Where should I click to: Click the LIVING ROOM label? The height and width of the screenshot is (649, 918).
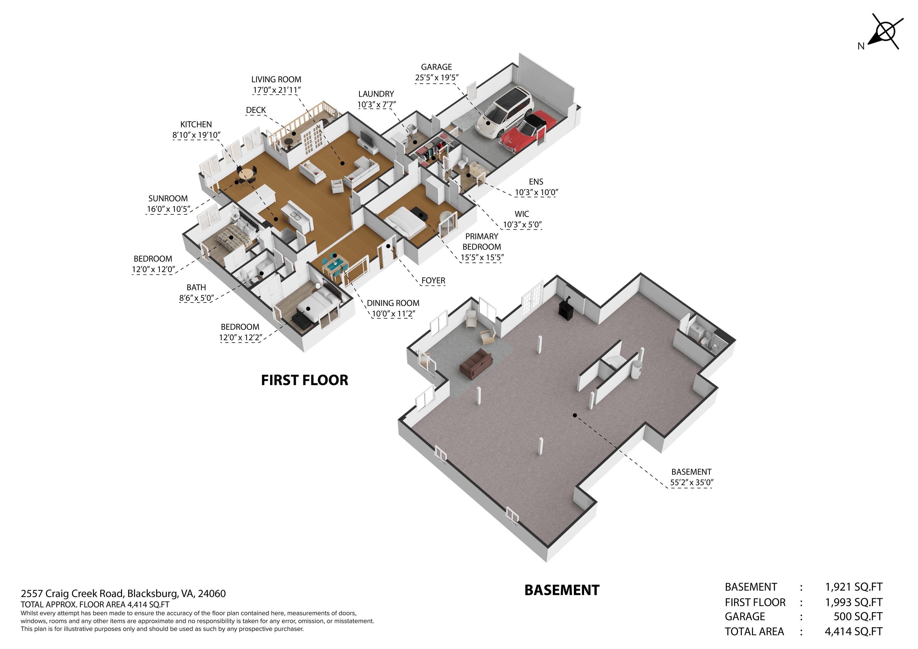point(276,80)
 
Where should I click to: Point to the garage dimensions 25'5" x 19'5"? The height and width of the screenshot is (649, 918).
point(437,78)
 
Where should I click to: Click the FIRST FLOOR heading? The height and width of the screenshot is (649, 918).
point(305,380)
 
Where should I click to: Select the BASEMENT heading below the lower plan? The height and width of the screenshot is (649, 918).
point(562,590)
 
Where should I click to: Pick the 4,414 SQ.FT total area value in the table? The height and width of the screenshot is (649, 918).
point(854,632)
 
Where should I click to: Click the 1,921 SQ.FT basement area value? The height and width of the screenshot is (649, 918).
point(854,587)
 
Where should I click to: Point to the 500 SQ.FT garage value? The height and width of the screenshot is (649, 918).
point(858,617)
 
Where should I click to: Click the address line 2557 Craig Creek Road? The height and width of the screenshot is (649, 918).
point(123,593)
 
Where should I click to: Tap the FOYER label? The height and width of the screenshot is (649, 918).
point(433,281)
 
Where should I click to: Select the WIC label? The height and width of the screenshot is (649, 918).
point(522,214)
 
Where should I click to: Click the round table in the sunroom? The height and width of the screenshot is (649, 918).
point(246,174)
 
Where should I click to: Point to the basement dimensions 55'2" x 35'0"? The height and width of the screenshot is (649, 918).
point(692,483)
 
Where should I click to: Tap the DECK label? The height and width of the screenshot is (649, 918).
point(256,110)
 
